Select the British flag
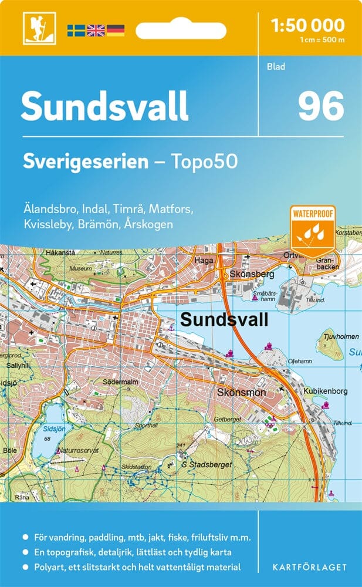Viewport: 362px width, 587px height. pyautogui.click(x=95, y=30)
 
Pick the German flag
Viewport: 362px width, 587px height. pyautogui.click(x=115, y=30)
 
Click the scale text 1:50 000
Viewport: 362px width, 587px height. pyautogui.click(x=308, y=25)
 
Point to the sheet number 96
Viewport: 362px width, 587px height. pyautogui.click(x=320, y=107)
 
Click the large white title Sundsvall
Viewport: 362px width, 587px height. pyautogui.click(x=105, y=106)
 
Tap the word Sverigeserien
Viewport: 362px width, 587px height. pyautogui.click(x=86, y=161)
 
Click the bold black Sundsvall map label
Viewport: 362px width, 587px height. pyautogui.click(x=224, y=319)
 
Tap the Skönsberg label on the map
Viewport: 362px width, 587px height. pyautogui.click(x=244, y=274)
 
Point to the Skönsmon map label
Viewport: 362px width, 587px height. pyautogui.click(x=241, y=392)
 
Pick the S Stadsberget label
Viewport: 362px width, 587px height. pyautogui.click(x=207, y=464)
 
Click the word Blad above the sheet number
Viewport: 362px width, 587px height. pyautogui.click(x=275, y=66)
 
